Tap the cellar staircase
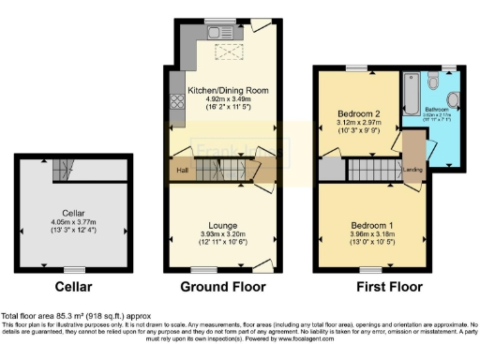pyautogui.click(x=63, y=170)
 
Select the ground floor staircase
pyautogui.click(x=224, y=170)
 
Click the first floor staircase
pyautogui.click(x=373, y=170)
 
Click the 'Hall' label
pyautogui.click(x=178, y=170)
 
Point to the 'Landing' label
pyautogui.click(x=411, y=170)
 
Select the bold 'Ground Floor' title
pyautogui.click(x=223, y=287)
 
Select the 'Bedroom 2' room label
pyautogui.click(x=356, y=112)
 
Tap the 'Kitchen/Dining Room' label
pyautogui.click(x=223, y=91)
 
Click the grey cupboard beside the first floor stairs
pyautogui.click(x=331, y=170)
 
